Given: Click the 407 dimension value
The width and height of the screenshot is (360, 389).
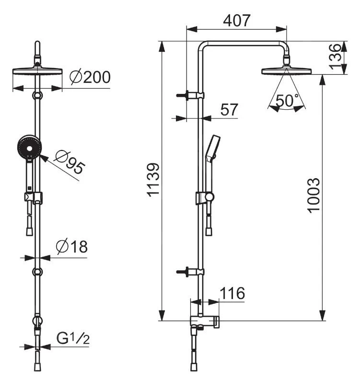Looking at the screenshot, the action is (x=237, y=21).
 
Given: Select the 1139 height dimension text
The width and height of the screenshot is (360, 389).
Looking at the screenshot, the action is (x=153, y=180).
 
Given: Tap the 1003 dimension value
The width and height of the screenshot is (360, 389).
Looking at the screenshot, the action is (x=314, y=195).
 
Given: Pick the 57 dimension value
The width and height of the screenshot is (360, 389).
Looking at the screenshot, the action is (x=229, y=109).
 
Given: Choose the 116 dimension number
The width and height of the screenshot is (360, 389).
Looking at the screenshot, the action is (x=232, y=293).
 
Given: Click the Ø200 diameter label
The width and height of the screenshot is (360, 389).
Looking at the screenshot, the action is (x=90, y=77).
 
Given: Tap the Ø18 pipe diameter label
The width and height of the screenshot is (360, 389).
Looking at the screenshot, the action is (x=72, y=247).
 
